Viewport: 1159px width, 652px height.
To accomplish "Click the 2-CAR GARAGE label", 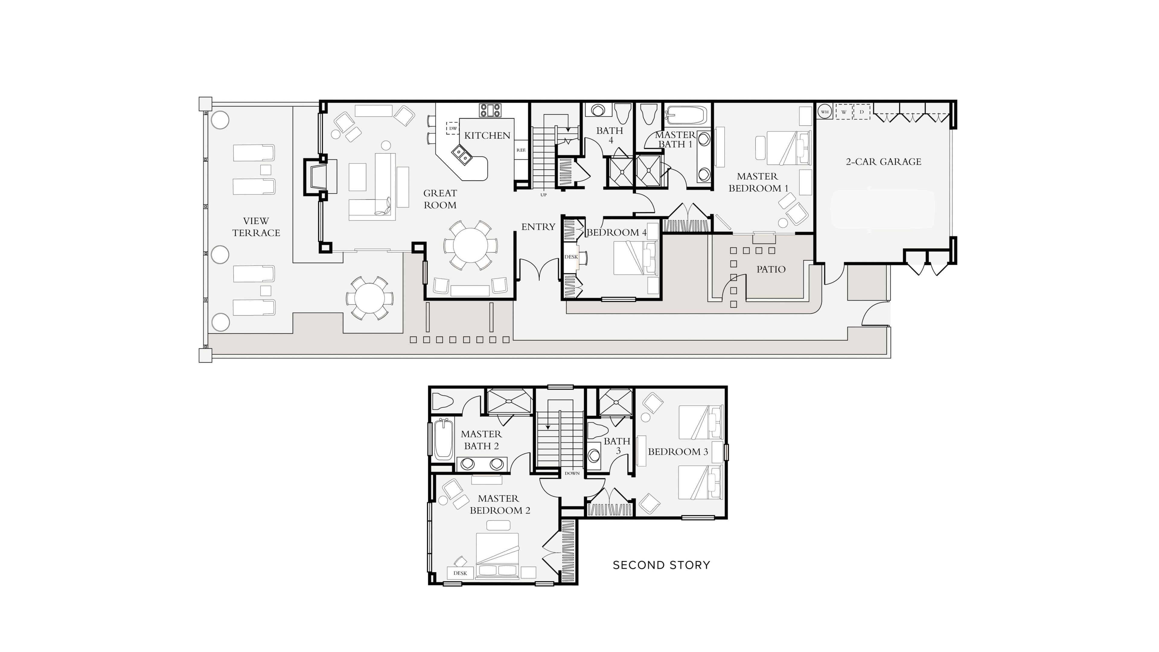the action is coord(883,161).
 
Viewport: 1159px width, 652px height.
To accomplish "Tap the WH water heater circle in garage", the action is coord(825,112).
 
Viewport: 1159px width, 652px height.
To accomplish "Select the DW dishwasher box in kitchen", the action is coord(453,128).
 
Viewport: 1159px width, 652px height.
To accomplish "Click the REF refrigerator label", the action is coord(521,150).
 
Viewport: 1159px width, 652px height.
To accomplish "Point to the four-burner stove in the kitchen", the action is coord(490,110).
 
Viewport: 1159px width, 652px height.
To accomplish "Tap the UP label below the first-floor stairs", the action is coord(544,195).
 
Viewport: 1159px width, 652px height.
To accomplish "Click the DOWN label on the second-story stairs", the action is coord(572,473).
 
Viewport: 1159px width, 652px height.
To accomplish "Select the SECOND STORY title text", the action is coord(661,565).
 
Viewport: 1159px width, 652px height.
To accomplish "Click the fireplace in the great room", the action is coord(320,177).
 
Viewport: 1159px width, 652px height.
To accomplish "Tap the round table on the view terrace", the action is coord(369,298).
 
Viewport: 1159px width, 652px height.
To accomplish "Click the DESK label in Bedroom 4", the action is coord(571,257).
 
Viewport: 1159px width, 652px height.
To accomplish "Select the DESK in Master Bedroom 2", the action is coord(460,573).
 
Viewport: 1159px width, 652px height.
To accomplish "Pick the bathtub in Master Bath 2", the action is coord(444,439).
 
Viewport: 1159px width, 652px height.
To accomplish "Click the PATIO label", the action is coord(771,270).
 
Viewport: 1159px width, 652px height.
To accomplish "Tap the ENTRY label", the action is coord(538,227).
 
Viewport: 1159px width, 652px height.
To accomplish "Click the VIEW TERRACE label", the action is coord(256,227).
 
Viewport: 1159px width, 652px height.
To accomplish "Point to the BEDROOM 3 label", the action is coord(678,452).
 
